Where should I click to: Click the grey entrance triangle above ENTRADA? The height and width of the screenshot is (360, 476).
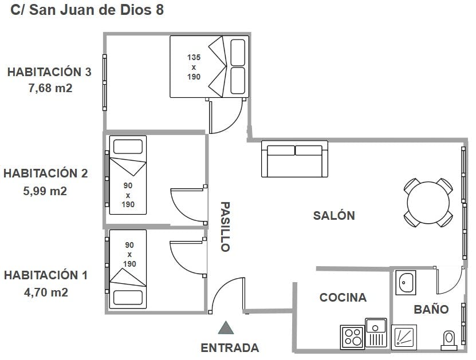[x=226, y=328]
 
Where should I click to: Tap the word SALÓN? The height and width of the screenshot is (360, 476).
[x=334, y=215]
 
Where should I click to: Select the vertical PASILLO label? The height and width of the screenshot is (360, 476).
[x=225, y=227]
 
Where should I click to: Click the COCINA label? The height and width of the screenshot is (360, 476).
[x=343, y=298]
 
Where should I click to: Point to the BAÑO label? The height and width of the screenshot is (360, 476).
[x=431, y=310]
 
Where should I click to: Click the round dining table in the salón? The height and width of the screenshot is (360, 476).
[x=428, y=202]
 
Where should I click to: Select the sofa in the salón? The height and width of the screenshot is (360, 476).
[x=294, y=159]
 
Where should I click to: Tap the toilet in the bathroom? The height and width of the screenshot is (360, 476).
[x=449, y=341]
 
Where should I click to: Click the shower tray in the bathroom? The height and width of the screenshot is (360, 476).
[x=404, y=337]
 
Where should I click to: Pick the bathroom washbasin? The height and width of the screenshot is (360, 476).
[x=406, y=282]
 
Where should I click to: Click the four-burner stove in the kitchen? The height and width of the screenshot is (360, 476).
[x=352, y=337]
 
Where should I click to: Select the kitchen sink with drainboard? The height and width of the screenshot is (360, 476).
[x=376, y=333]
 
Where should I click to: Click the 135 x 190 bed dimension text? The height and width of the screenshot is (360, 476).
[x=194, y=67]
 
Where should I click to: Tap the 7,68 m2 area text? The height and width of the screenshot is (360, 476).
[x=50, y=88]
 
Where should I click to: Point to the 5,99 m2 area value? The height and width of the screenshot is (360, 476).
[x=45, y=191]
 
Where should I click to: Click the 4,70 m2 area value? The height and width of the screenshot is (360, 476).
[x=46, y=292]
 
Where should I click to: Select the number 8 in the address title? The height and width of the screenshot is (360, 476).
[x=160, y=10]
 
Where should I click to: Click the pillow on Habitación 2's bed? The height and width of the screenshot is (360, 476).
[x=128, y=147]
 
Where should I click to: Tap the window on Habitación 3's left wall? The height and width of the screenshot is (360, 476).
[x=104, y=82]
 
